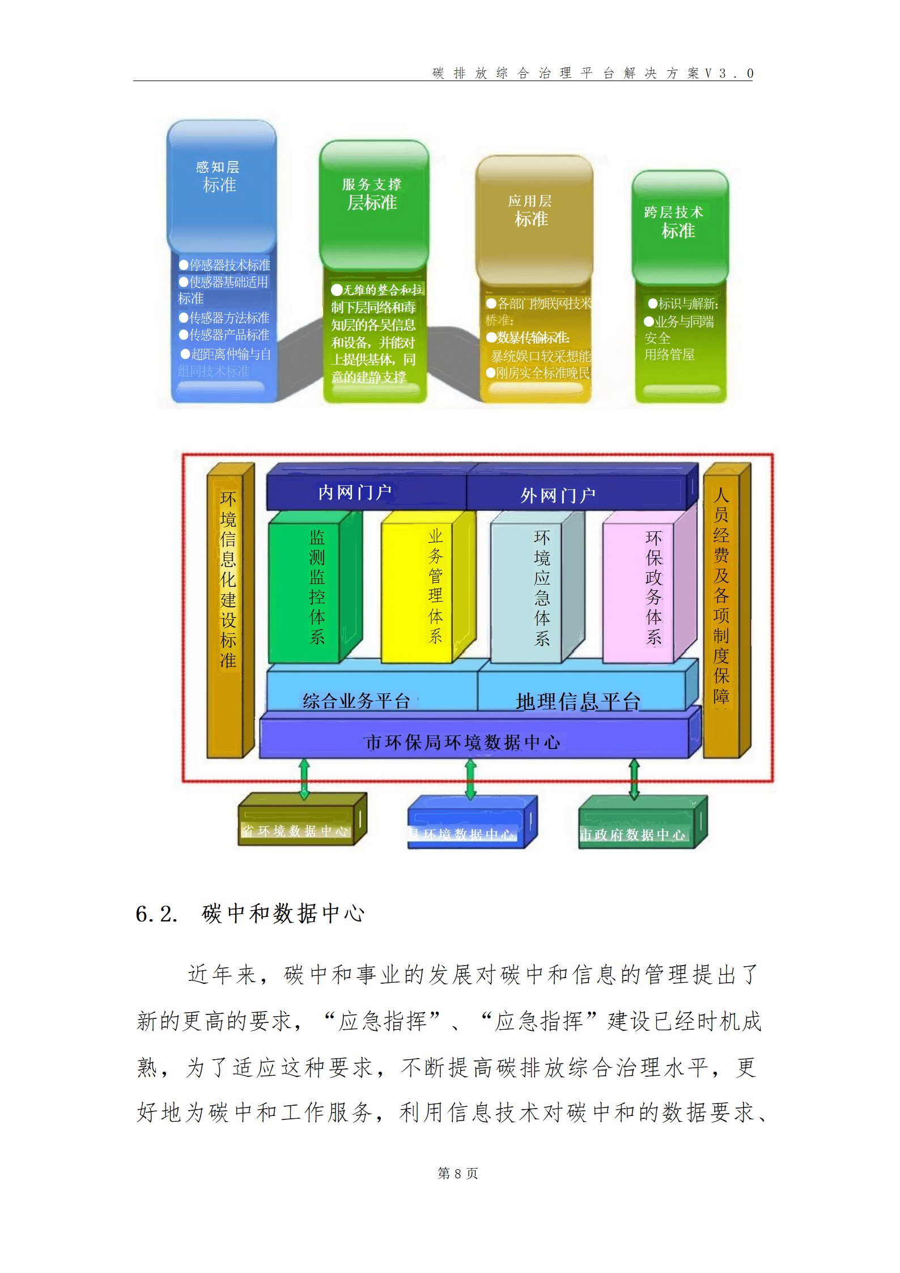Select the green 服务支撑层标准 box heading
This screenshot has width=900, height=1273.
pos(372,194)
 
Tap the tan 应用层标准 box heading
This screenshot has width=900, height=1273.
pos(530,210)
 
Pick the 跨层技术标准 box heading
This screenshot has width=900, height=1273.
pos(676,222)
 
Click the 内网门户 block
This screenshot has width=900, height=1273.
pos(355,492)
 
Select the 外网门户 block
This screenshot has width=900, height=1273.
pos(558,495)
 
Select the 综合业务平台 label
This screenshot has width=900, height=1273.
pos(356,701)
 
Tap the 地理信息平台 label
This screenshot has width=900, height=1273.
pos(578,701)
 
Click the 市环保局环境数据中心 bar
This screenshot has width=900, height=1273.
pos(462,742)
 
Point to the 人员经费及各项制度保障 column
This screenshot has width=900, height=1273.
pos(721,595)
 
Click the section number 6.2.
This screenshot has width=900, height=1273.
pos(156,914)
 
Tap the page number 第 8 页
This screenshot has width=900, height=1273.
pos(457,1173)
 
